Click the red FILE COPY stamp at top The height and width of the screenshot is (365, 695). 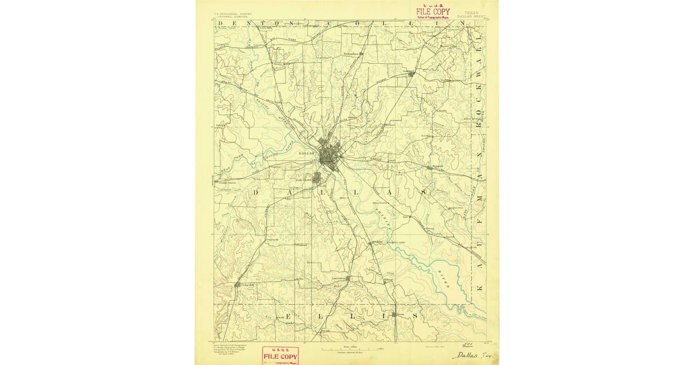coord(433,12)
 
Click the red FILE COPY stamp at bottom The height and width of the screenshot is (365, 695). coord(281,354)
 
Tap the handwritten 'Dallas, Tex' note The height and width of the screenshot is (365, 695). coord(470,355)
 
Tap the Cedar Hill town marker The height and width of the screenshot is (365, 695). coord(237,285)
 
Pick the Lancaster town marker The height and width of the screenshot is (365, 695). coord(347,279)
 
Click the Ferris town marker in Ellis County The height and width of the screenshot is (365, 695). coord(394,315)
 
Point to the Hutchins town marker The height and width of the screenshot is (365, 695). coord(371,243)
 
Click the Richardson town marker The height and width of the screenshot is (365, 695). coord(360,54)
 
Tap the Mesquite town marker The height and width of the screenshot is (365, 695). coord(429,167)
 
